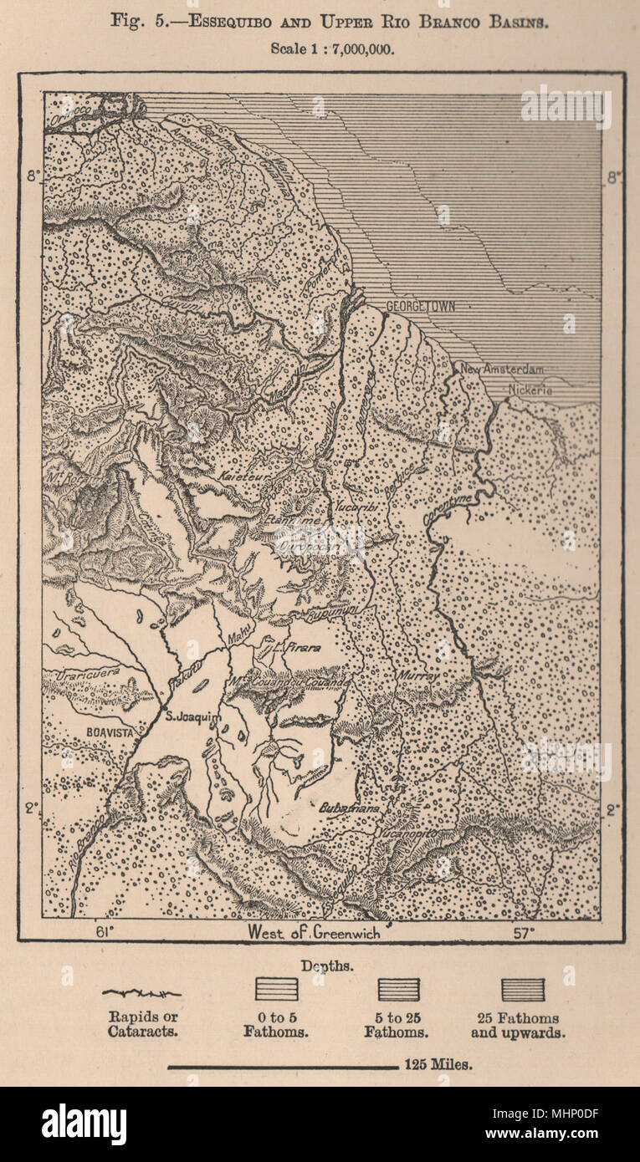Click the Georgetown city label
(x=420, y=307)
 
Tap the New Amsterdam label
(x=501, y=369)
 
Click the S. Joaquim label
(x=193, y=716)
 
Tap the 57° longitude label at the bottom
(x=525, y=931)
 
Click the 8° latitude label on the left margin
(x=32, y=176)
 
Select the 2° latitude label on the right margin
(x=612, y=809)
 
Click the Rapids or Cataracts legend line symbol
(x=141, y=993)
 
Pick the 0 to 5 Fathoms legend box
(x=276, y=990)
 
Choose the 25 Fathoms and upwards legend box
(x=522, y=990)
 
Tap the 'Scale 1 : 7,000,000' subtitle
(x=331, y=48)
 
